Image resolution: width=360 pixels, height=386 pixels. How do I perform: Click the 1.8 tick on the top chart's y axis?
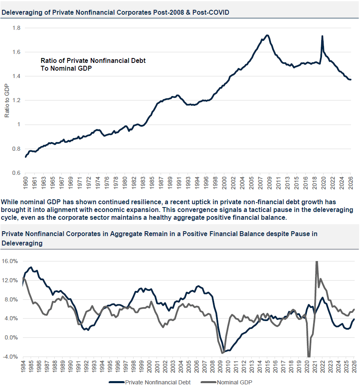16,28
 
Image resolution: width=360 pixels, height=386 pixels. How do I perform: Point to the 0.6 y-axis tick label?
16,173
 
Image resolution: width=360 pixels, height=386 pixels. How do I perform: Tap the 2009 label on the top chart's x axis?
269,183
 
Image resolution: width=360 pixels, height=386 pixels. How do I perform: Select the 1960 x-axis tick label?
25,183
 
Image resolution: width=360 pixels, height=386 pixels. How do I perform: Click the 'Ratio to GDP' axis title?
7,100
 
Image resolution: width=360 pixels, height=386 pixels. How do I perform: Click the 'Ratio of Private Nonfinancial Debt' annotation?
93,60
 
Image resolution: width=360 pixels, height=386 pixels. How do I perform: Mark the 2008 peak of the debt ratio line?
267,35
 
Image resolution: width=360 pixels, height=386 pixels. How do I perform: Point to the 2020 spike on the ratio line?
322,36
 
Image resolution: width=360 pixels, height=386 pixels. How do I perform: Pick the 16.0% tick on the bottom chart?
10,261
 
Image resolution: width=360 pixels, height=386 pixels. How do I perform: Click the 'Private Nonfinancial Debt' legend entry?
150,382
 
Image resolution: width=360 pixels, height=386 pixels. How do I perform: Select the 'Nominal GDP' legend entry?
226,382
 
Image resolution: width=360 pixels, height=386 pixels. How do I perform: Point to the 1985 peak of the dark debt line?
31,267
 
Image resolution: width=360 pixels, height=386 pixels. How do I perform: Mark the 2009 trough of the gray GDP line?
222,353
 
